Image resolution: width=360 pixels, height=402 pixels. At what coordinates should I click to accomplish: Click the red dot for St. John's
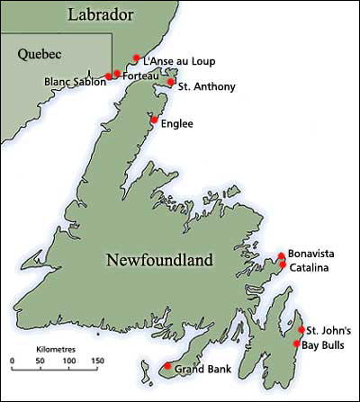click(x=301, y=330)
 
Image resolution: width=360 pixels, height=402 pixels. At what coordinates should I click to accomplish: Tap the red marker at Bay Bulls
click(x=297, y=344)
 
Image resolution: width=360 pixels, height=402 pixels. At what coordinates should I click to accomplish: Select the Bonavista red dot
click(x=282, y=255)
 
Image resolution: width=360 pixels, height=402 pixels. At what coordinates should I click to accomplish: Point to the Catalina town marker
click(x=283, y=265)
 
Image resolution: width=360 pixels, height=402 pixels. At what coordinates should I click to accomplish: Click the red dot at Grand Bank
click(x=167, y=365)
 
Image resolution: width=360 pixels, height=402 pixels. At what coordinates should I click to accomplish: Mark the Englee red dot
click(x=154, y=120)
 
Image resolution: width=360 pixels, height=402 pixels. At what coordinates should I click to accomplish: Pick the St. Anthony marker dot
click(x=171, y=82)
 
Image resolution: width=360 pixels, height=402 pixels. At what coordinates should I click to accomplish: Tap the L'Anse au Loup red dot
click(x=136, y=58)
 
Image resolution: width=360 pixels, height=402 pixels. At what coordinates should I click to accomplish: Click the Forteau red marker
click(x=117, y=73)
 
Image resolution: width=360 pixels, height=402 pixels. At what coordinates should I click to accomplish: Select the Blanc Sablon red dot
click(x=109, y=76)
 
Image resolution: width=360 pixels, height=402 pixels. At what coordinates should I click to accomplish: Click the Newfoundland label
click(x=159, y=260)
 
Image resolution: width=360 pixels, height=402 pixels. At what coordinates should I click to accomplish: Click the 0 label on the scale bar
click(x=13, y=362)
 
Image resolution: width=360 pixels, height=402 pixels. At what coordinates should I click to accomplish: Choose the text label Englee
click(x=176, y=124)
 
